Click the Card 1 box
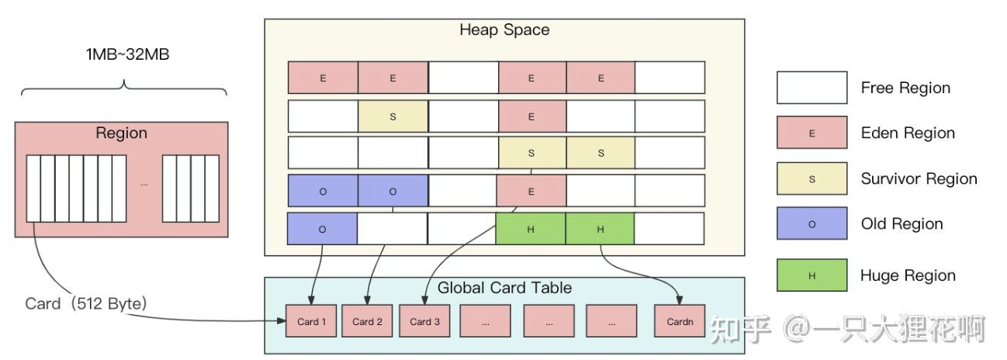click(311, 321)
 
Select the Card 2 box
click(368, 321)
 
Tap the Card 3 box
click(424, 321)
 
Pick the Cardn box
click(680, 321)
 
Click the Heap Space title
click(504, 30)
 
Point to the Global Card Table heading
click(504, 288)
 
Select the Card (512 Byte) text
click(85, 304)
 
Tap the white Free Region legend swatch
click(811, 88)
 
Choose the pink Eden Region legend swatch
click(811, 133)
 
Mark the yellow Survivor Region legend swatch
click(811, 178)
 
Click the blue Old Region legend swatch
click(811, 223)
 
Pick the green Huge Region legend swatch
click(811, 275)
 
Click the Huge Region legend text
click(908, 275)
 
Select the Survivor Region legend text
click(919, 178)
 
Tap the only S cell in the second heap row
click(393, 116)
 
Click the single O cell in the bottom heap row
click(323, 229)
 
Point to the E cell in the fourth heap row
click(531, 191)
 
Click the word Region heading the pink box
click(121, 133)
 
